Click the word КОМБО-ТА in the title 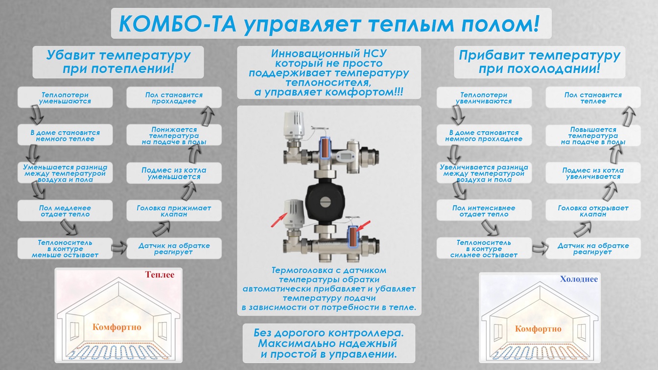tap(177, 24)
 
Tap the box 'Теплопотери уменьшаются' tap(65, 97)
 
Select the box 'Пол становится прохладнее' tap(174, 97)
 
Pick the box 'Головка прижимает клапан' tap(174, 210)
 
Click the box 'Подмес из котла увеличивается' tap(593, 173)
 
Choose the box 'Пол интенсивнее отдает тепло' tap(484, 210)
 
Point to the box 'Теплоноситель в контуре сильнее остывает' tap(484, 248)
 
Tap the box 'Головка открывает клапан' tap(593, 210)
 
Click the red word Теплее tap(160, 275)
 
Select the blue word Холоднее tap(579, 279)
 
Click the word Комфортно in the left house tap(117, 327)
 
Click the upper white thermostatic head tap(294, 125)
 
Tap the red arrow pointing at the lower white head tap(279, 220)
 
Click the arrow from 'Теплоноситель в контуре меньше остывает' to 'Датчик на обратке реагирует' tap(119, 248)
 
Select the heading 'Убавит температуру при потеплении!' tap(118, 62)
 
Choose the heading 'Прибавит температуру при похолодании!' tap(540, 62)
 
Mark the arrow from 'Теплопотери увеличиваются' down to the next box tap(458, 115)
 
